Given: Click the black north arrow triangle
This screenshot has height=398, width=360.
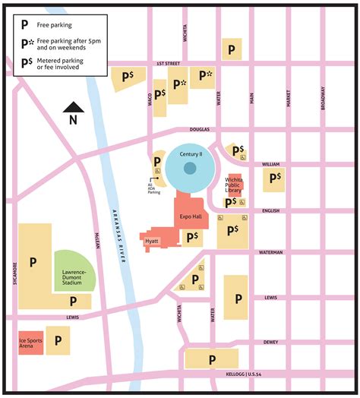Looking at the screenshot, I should click(x=72, y=108).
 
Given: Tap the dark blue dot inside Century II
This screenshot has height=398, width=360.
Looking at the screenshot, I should click(x=190, y=168).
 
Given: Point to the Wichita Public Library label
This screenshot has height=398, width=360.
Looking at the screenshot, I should click(x=233, y=186).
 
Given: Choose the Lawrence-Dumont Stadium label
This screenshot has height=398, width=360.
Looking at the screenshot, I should click(x=74, y=277).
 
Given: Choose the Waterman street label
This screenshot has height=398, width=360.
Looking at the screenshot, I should click(x=270, y=252).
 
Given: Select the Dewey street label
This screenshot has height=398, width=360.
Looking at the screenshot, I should click(x=270, y=342).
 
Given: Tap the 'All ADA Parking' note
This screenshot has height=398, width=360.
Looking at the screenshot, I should click(x=154, y=189).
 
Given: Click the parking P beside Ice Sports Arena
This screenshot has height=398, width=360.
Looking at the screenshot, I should click(x=58, y=342).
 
